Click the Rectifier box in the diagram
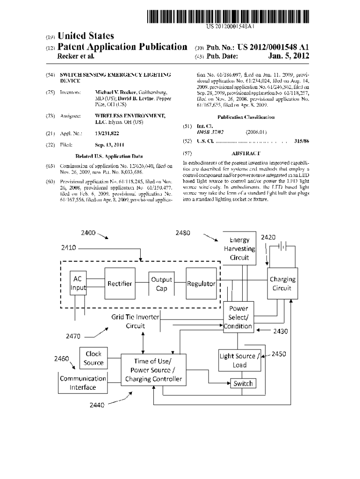pyautogui.click(x=120, y=283)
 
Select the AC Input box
pyautogui.click(x=78, y=283)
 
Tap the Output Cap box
pyautogui.click(x=161, y=283)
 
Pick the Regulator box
pyautogui.click(x=201, y=283)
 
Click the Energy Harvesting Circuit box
pyautogui.click(x=239, y=249)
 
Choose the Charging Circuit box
pyautogui.click(x=282, y=283)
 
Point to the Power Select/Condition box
pyautogui.click(x=238, y=317)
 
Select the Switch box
pyautogui.click(x=243, y=384)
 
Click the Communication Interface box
pyautogui.click(x=83, y=383)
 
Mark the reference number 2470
pyautogui.click(x=72, y=335)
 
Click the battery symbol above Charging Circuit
pyautogui.click(x=283, y=246)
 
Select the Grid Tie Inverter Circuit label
pyautogui.click(x=135, y=321)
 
